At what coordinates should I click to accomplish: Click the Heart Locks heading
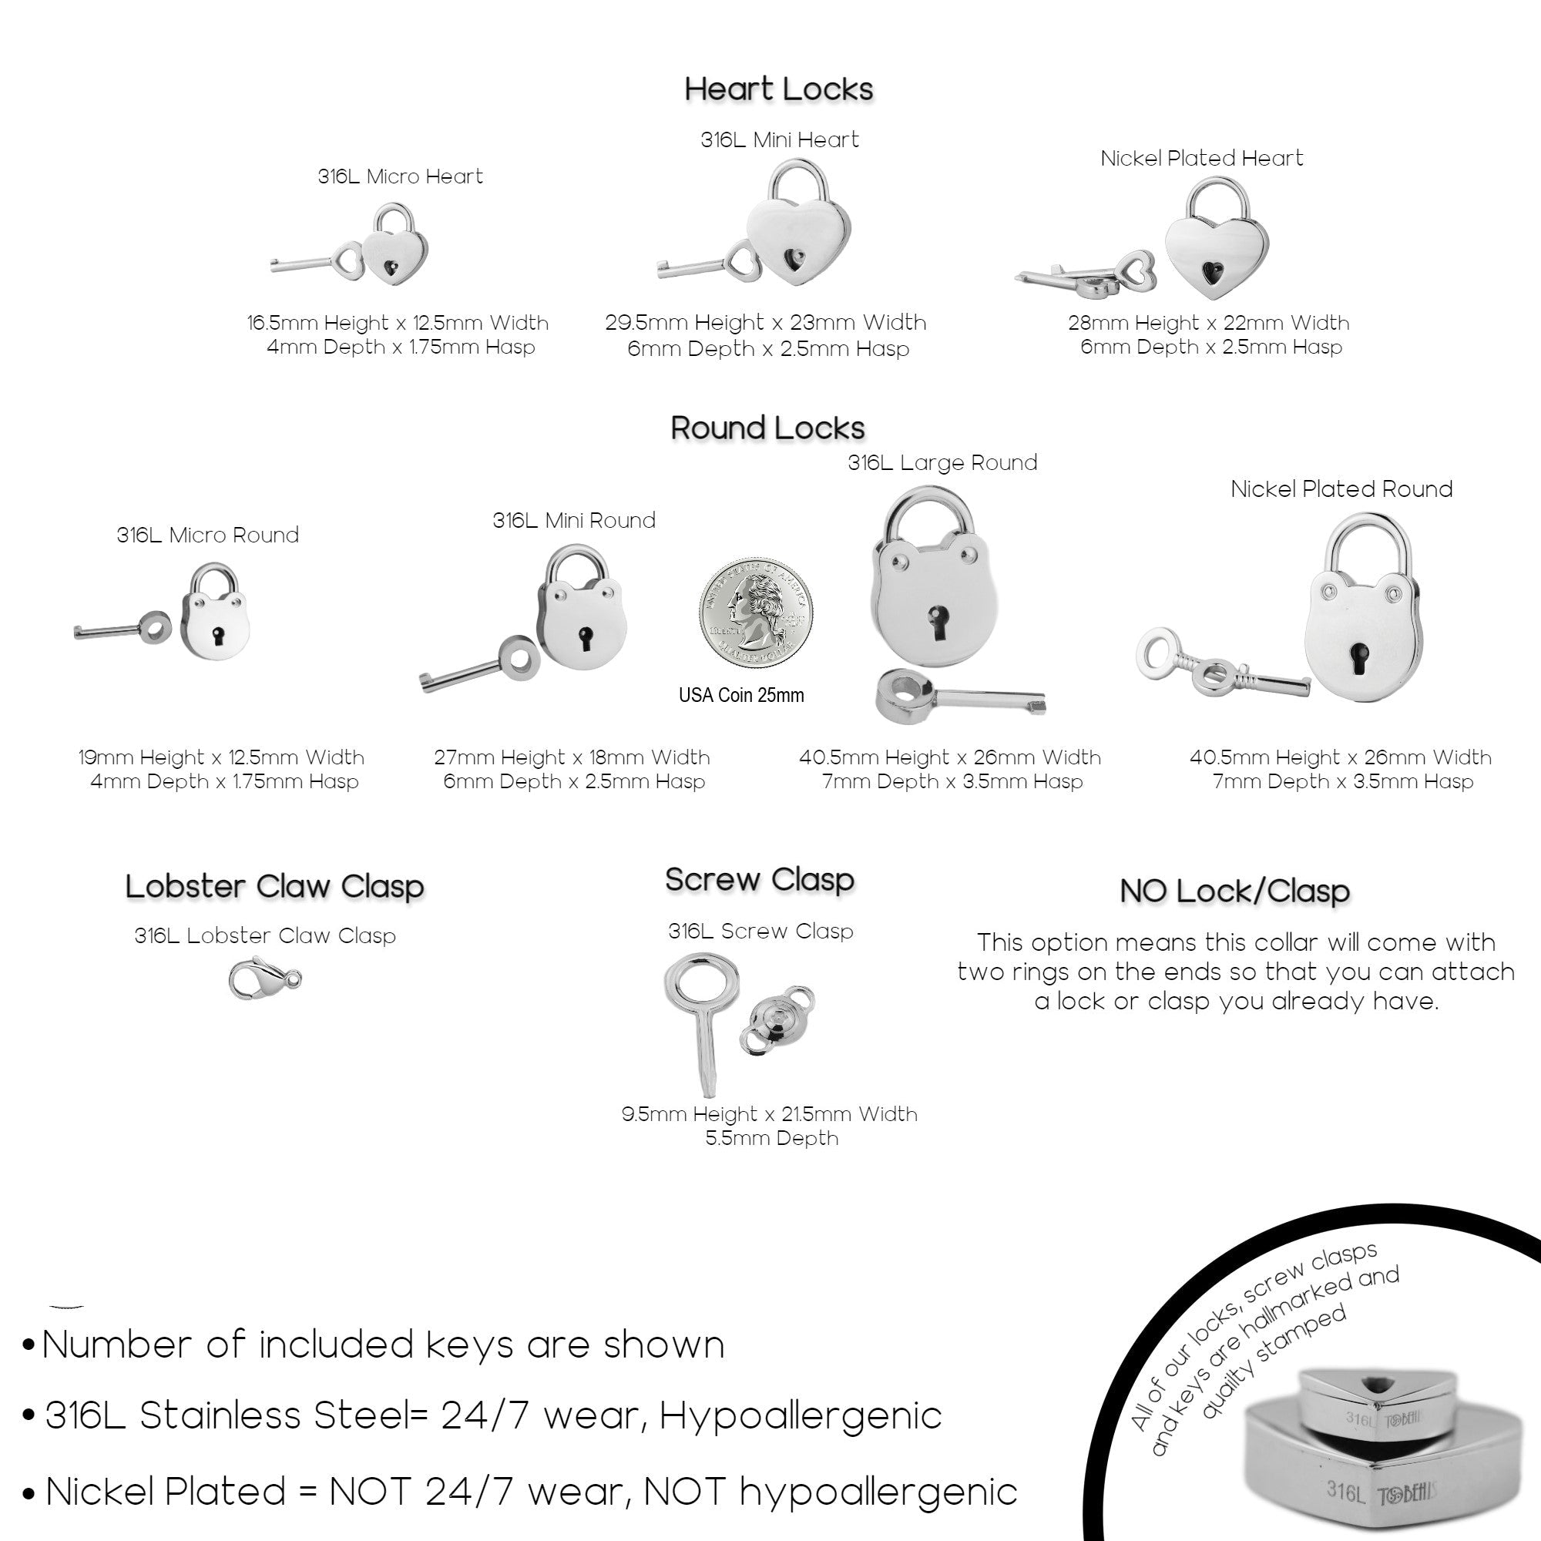(778, 89)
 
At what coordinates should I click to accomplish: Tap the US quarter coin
(755, 613)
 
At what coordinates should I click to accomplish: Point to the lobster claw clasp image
(264, 979)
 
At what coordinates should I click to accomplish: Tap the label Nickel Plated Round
(1341, 489)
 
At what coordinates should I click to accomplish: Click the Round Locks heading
(767, 428)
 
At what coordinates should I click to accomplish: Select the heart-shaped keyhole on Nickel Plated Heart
(1214, 273)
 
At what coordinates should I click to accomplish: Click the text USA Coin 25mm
(741, 695)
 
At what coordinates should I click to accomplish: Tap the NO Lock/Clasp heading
(1234, 891)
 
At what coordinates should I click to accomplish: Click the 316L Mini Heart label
(779, 139)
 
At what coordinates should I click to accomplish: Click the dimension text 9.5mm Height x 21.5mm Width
(769, 1114)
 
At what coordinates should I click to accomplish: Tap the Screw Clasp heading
(760, 880)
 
